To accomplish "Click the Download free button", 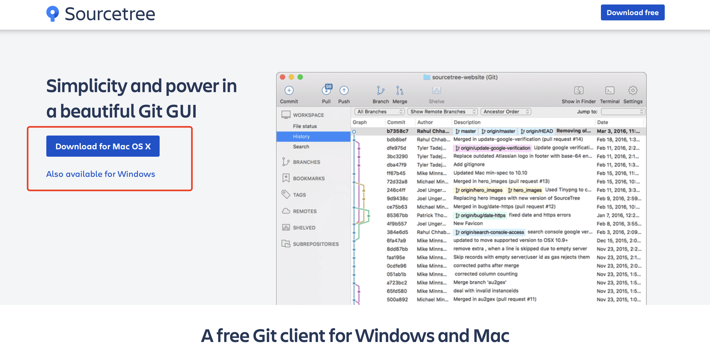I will point(632,13).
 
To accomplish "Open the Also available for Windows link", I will point(101,174).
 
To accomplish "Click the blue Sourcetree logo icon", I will point(52,13).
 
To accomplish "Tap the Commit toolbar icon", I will point(289,91).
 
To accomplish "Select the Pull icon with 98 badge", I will point(326,90).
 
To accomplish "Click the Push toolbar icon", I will point(344,91).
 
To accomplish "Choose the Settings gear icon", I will point(632,91).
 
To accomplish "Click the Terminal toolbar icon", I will point(609,91).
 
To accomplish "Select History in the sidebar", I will point(301,136).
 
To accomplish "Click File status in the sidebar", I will point(304,126).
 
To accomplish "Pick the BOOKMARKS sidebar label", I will point(309,178).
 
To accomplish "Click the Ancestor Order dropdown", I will point(505,112).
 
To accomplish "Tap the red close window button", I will point(282,77).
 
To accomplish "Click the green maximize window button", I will point(300,77).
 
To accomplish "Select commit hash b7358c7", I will point(397,131).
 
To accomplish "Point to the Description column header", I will point(467,122).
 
